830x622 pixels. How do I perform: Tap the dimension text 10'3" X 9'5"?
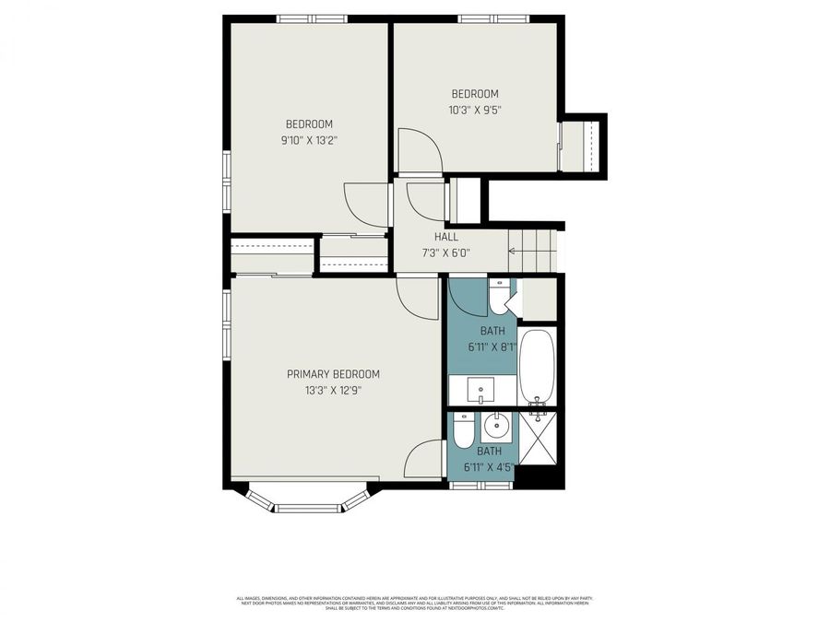[474, 109]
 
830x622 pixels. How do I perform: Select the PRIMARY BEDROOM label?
[333, 374]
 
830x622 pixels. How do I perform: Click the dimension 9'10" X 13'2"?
[308, 140]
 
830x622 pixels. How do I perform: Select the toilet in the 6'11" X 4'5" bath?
[464, 429]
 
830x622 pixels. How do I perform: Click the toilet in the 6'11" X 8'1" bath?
[499, 297]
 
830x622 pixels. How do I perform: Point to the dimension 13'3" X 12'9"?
[333, 390]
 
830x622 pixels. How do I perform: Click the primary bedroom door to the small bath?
[422, 458]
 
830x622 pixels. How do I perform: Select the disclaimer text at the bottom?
[414, 601]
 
